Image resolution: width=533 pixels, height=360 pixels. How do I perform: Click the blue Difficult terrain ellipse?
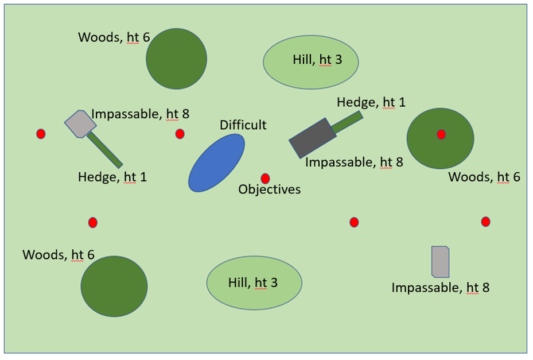point(216,162)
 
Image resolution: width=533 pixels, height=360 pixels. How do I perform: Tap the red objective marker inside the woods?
point(441,134)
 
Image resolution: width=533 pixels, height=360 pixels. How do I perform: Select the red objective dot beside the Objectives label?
point(265,179)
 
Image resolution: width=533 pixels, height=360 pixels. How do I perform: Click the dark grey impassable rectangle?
point(312,138)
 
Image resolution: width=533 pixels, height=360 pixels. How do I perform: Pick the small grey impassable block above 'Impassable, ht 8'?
point(440,262)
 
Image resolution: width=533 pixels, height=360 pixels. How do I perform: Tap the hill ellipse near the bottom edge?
point(254,282)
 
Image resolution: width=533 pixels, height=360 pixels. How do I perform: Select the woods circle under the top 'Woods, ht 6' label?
point(176,59)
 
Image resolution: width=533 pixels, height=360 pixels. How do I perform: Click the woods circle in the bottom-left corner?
point(114,286)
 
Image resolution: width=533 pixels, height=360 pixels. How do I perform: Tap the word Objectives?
point(270,189)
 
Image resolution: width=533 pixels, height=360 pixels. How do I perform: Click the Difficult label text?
point(243,125)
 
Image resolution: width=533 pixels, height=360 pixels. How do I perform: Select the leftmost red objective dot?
point(41,134)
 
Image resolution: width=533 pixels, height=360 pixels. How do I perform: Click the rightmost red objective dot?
point(485,222)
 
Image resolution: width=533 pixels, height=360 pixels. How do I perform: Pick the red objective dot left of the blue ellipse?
point(180,134)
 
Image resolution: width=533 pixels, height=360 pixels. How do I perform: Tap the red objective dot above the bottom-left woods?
point(93,222)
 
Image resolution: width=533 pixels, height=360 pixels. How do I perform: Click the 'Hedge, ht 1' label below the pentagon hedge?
point(112,177)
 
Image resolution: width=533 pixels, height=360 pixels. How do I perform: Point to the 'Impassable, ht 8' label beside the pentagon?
point(140,114)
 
